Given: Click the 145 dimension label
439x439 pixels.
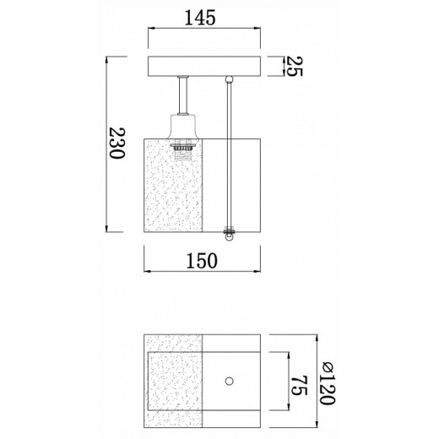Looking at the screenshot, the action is (x=200, y=18).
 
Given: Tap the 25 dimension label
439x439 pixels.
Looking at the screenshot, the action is (x=295, y=67).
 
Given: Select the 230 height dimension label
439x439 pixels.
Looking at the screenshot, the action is (x=117, y=144).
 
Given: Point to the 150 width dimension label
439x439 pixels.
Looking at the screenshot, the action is (x=202, y=261).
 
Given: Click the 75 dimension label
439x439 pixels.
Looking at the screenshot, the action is (x=299, y=385).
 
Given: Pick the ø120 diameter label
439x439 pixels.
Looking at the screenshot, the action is (x=328, y=383).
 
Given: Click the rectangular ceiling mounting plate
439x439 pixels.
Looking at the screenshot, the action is (x=204, y=67).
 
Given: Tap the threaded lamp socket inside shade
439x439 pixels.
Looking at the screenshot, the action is (x=183, y=152).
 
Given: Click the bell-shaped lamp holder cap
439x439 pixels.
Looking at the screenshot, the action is (x=183, y=126).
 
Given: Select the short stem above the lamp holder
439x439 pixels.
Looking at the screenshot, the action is (x=183, y=95).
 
